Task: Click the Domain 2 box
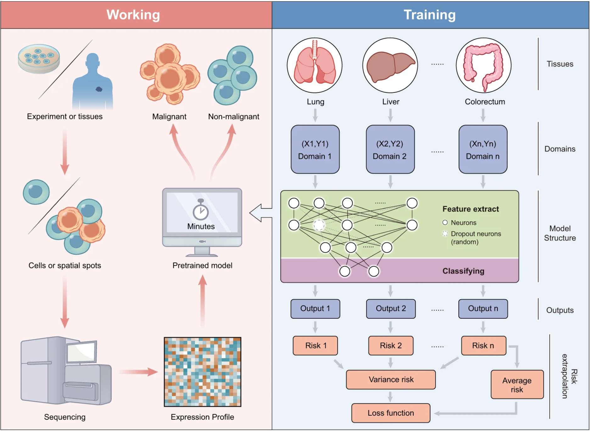coord(390,149)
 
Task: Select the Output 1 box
coord(315,309)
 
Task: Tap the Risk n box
coord(483,345)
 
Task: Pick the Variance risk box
coord(391,379)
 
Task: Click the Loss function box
coord(391,413)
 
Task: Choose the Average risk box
coord(517,384)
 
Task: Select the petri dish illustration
coord(39,59)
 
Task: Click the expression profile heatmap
coord(202,372)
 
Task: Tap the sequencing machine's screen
coord(81,351)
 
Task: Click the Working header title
coord(133,15)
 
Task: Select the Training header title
coord(430,15)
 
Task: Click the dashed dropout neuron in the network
coord(319,225)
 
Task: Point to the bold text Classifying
coord(463,271)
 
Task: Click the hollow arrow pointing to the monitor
coord(261,213)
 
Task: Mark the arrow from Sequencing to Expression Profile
coord(138,372)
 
